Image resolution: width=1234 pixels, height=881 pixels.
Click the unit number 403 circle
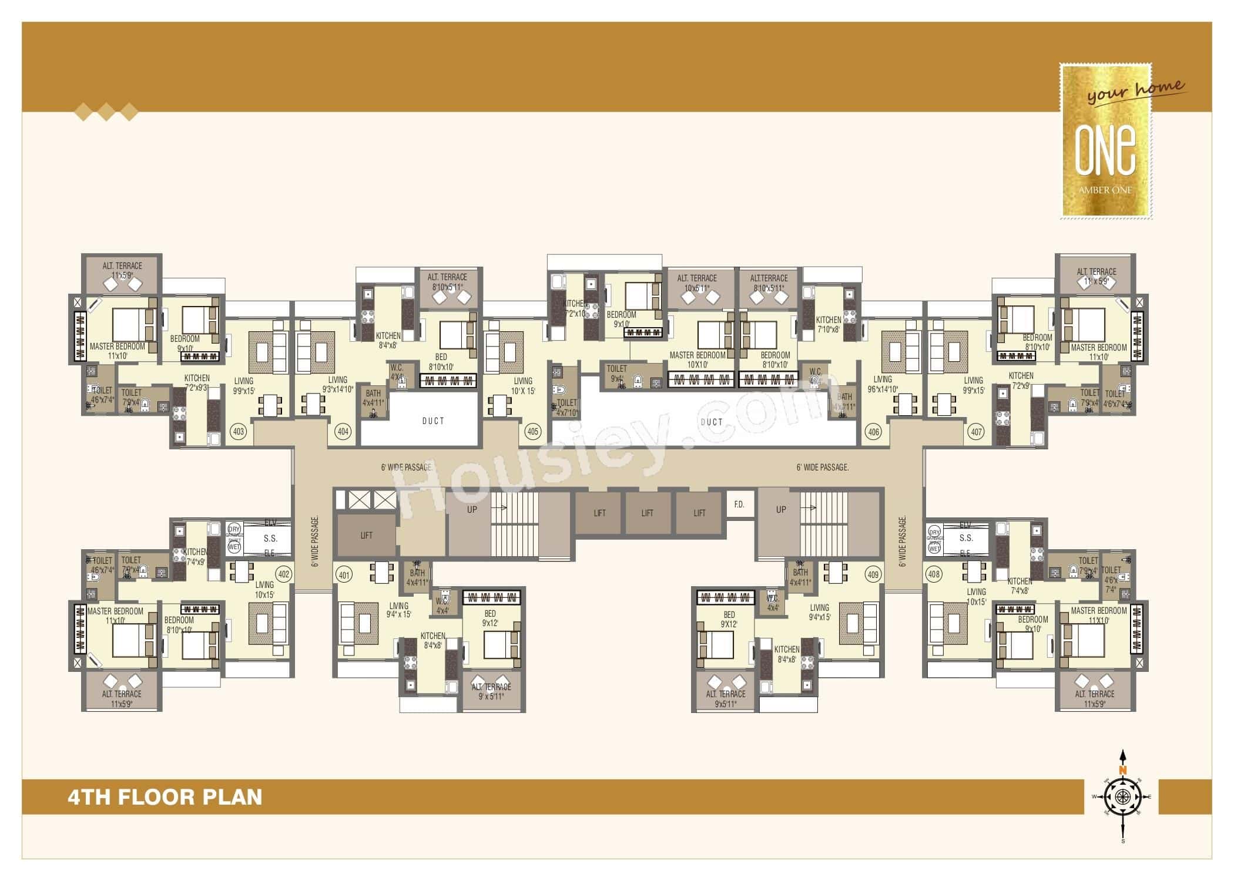pyautogui.click(x=239, y=432)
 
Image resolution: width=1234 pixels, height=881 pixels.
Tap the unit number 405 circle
pyautogui.click(x=532, y=432)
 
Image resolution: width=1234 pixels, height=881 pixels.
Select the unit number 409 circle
pyautogui.click(x=873, y=574)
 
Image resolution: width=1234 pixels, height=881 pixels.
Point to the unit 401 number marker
pyautogui.click(x=344, y=574)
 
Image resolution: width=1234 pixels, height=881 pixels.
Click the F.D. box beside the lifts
pyautogui.click(x=739, y=505)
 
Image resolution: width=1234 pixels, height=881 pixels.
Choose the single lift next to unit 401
pyautogui.click(x=366, y=535)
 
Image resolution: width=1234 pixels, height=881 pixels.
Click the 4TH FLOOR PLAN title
pyautogui.click(x=165, y=797)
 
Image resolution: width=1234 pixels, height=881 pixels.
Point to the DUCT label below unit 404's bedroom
pyautogui.click(x=433, y=421)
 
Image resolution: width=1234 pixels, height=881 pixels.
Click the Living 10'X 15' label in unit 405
pyautogui.click(x=523, y=385)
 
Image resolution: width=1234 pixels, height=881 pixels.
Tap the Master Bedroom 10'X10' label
pyautogui.click(x=698, y=359)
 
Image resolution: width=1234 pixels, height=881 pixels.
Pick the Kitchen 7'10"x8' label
pyautogui.click(x=829, y=324)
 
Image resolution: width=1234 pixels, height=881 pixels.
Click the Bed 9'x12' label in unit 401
pyautogui.click(x=490, y=618)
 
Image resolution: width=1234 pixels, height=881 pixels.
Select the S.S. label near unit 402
pyautogui.click(x=270, y=538)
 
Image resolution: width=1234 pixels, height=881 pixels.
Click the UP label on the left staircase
pyautogui.click(x=472, y=509)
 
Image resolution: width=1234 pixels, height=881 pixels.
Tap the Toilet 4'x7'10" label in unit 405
pyautogui.click(x=567, y=408)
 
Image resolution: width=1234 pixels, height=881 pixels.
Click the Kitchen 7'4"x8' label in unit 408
pyautogui.click(x=1019, y=586)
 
